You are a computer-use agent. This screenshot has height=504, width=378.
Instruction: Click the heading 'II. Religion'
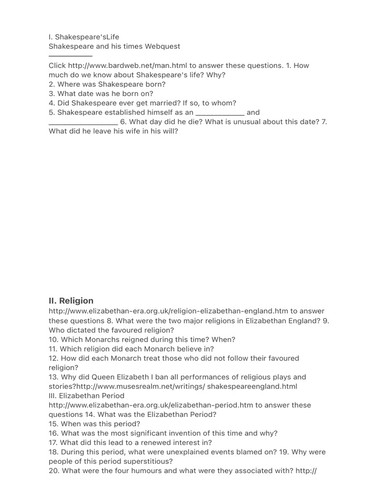(71, 301)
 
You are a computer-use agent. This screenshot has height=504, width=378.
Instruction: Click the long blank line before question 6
(83, 122)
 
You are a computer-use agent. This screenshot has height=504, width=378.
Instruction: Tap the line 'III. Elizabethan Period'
(87, 396)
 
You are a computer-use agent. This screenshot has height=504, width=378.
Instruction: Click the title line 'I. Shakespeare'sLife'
(84, 37)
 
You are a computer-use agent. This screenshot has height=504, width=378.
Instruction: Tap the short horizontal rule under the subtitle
(70, 56)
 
